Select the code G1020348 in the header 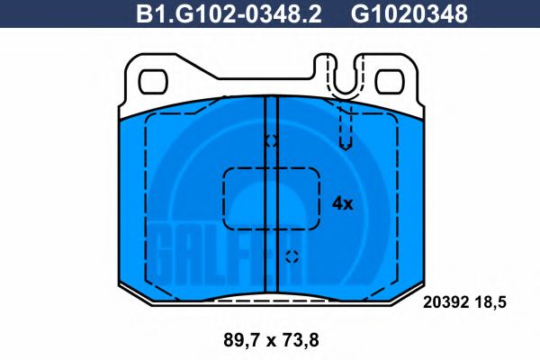pyautogui.click(x=409, y=14)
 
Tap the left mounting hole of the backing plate pyautogui.click(x=154, y=80)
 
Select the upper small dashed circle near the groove pyautogui.click(x=271, y=141)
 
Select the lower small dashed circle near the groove pyautogui.click(x=291, y=256)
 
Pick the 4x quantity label pyautogui.click(x=343, y=203)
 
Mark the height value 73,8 pyautogui.click(x=299, y=340)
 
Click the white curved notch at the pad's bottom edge pyautogui.click(x=271, y=297)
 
